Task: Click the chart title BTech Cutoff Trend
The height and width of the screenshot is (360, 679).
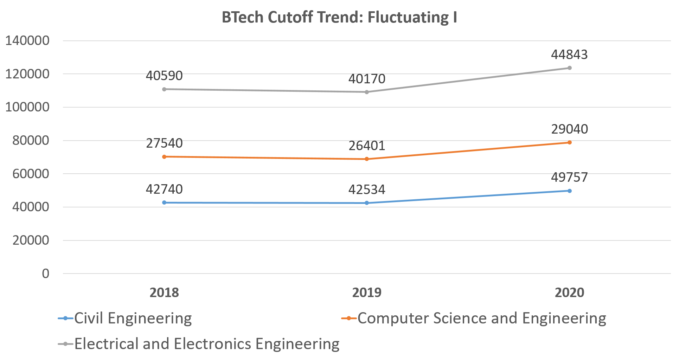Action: pos(339,17)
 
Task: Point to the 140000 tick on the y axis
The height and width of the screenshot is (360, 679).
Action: pos(27,41)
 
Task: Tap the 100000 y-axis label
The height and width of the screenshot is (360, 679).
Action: pos(27,107)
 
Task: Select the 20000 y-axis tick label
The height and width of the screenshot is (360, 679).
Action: pos(31,240)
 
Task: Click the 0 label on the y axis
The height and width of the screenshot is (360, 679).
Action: pos(46,274)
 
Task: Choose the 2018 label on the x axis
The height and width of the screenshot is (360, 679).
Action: pos(164,292)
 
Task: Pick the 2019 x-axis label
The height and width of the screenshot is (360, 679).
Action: pos(367,292)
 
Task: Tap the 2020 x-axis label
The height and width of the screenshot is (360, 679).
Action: pos(569,292)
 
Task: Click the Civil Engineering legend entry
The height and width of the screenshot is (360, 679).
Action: pos(133,318)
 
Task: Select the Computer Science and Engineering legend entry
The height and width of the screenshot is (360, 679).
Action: pos(482,318)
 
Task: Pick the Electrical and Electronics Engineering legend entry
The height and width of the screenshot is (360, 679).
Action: pos(207,344)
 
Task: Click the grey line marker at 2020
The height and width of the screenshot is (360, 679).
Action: pos(570,68)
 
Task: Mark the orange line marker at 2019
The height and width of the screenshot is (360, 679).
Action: pos(367,159)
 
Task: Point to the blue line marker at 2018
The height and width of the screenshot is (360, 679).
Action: pos(164,202)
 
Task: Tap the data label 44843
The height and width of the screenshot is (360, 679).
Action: pos(569,55)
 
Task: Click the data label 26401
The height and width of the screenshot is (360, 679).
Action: pos(367,146)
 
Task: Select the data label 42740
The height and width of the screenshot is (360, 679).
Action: pos(164,189)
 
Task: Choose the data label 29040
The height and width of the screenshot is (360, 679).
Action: pos(569,129)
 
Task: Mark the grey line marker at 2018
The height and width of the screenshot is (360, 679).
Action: pos(164,89)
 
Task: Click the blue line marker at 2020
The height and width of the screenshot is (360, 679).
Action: pos(570,191)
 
